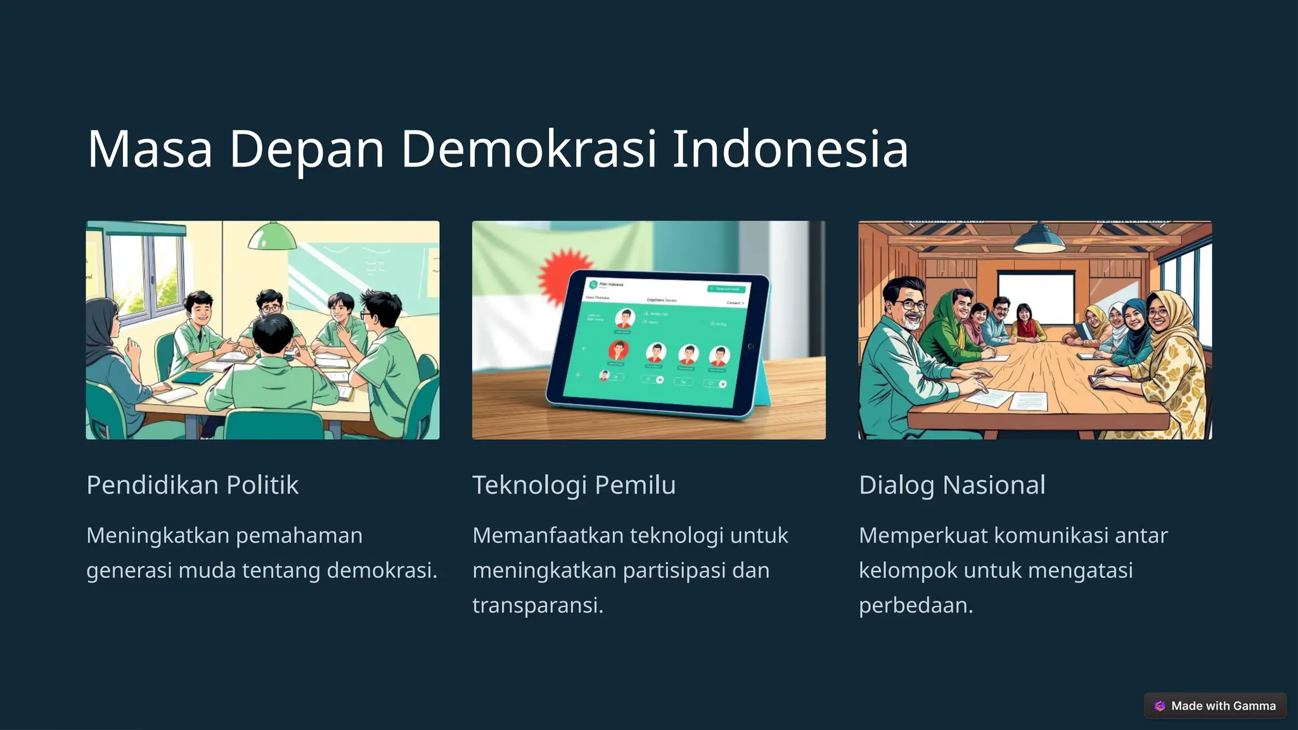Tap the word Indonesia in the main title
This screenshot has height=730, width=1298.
[x=790, y=150]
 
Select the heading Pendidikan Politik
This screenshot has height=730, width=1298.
[x=192, y=485]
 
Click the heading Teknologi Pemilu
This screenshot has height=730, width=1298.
[x=574, y=485]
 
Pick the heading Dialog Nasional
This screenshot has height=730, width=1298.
[x=951, y=485]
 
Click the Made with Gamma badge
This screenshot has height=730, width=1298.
[x=1215, y=706]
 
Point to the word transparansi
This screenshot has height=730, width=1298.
[x=537, y=605]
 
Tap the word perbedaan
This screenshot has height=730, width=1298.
[x=915, y=605]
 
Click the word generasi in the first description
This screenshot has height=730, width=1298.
[x=129, y=570]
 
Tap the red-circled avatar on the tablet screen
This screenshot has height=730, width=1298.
[x=618, y=350]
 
